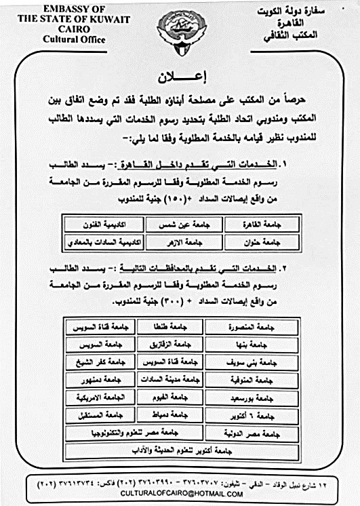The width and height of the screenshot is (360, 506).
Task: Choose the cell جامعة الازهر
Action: click(x=180, y=241)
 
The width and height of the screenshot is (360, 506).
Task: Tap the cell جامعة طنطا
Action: click(x=170, y=327)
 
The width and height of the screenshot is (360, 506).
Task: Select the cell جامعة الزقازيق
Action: click(x=170, y=344)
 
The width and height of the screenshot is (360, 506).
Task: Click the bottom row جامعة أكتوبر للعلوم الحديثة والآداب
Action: click(x=180, y=449)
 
